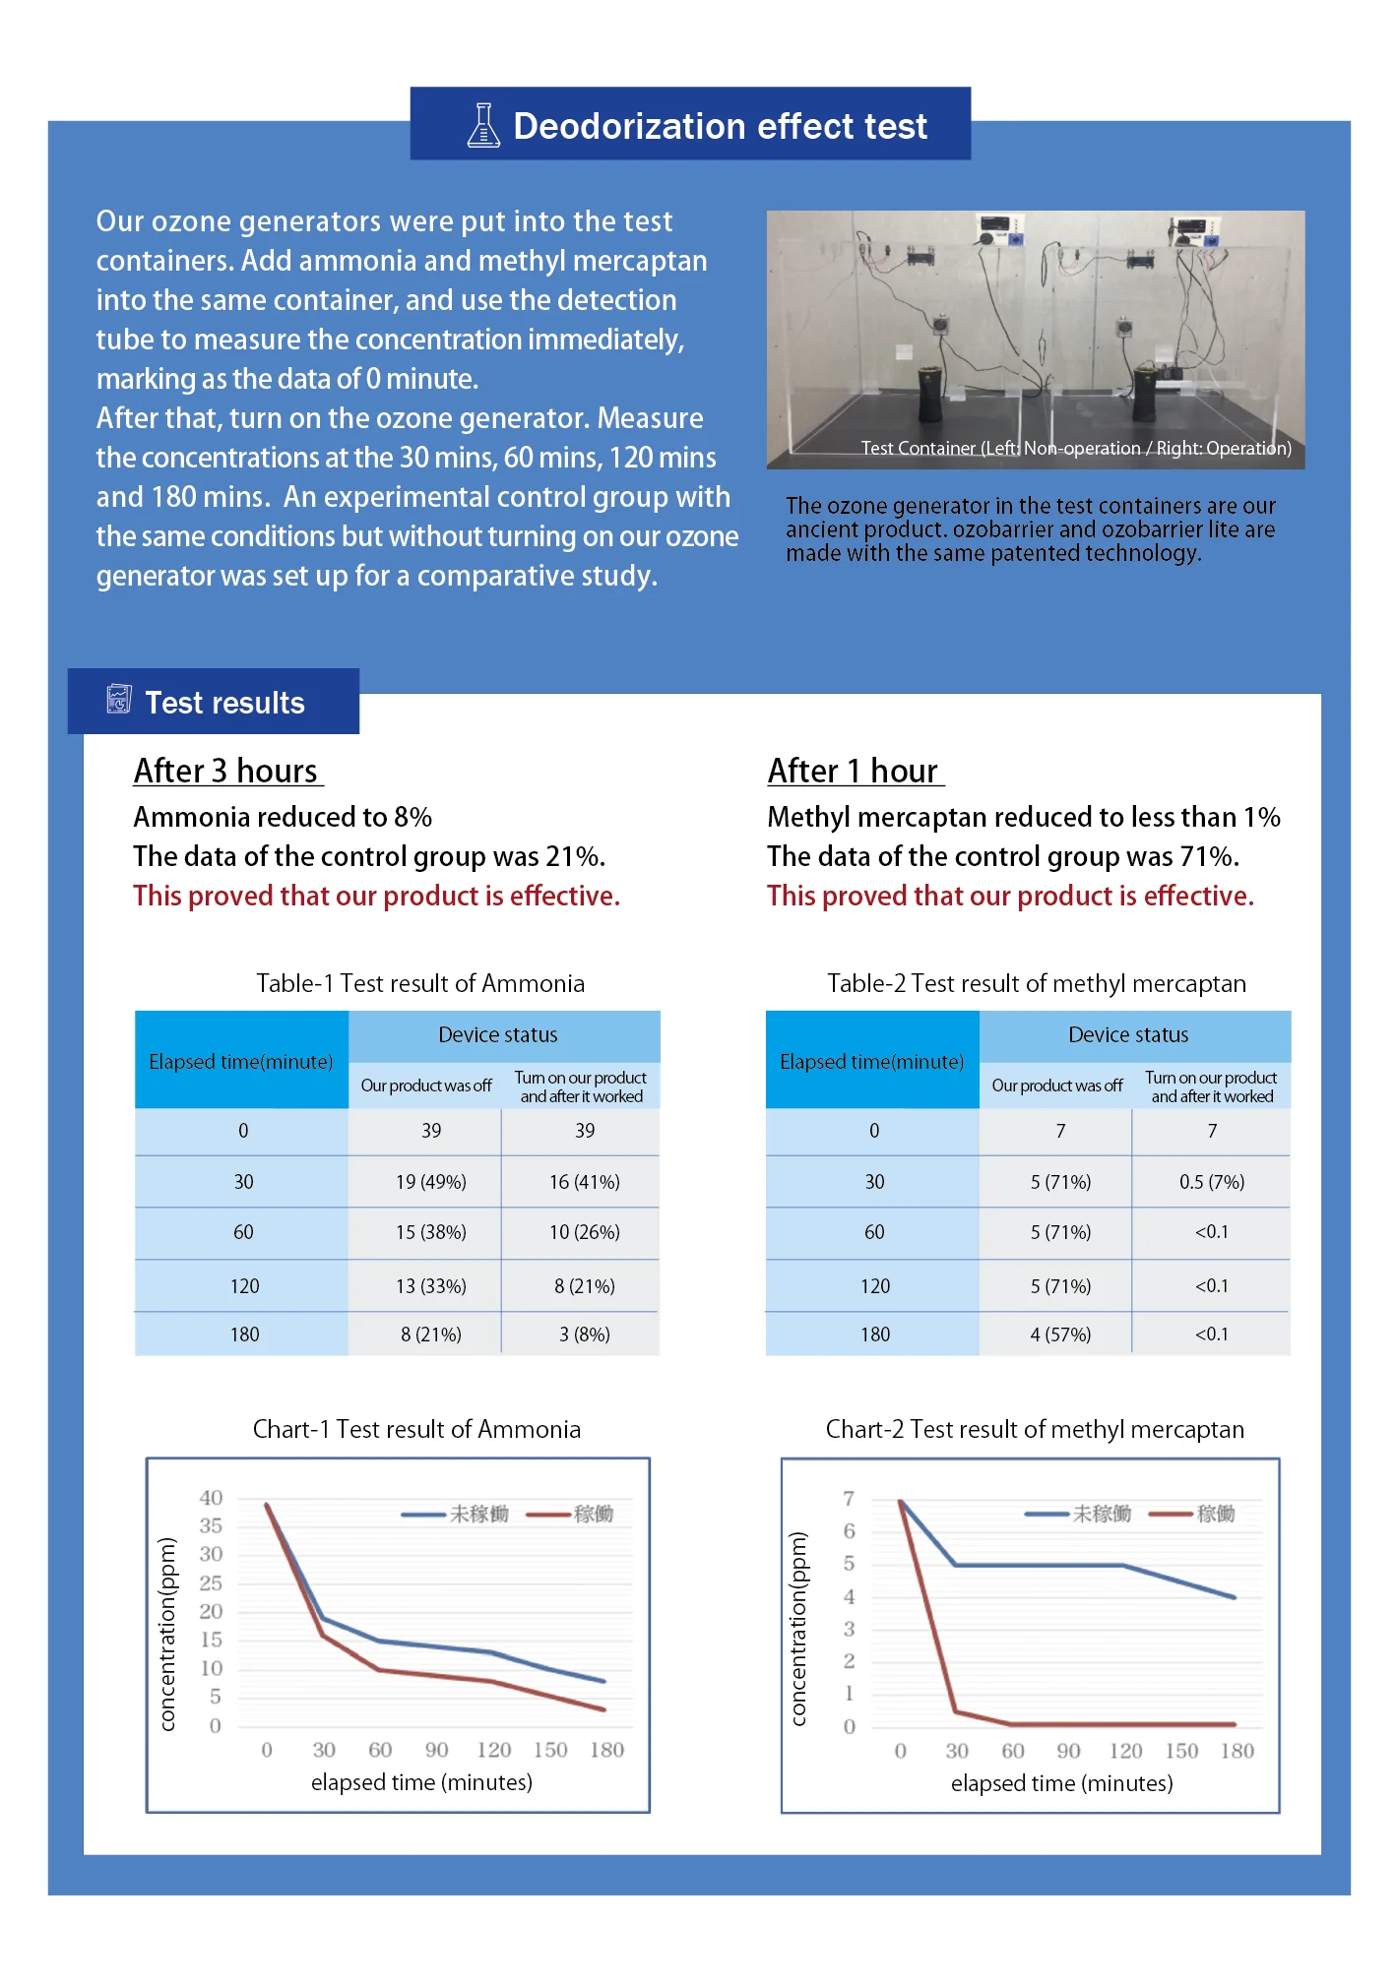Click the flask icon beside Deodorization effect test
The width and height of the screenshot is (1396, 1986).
click(482, 126)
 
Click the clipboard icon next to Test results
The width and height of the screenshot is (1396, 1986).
click(119, 700)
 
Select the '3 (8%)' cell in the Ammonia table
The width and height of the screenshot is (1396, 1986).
click(584, 1334)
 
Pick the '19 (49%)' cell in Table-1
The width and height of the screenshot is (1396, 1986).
click(430, 1182)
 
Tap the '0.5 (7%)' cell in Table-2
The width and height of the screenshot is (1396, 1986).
click(1211, 1182)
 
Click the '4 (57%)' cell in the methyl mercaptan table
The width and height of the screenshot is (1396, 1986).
click(1060, 1334)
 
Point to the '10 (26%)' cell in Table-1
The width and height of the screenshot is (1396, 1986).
click(584, 1232)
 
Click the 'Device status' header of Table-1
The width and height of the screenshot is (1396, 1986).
click(498, 1035)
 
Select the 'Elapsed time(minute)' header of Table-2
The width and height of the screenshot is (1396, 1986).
click(871, 1062)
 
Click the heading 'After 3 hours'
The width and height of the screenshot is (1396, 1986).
click(226, 771)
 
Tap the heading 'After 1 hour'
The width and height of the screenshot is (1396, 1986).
click(854, 771)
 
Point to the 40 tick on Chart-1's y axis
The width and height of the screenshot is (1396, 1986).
click(211, 1498)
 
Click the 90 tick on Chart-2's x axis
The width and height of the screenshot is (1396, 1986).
click(1068, 1751)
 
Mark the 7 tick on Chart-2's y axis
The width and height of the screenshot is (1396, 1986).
click(849, 1499)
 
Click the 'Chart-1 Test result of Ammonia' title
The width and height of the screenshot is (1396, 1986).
click(416, 1429)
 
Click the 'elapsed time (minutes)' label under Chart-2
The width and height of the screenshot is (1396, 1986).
click(1061, 1783)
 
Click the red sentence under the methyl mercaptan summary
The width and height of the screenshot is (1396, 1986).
click(1010, 896)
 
